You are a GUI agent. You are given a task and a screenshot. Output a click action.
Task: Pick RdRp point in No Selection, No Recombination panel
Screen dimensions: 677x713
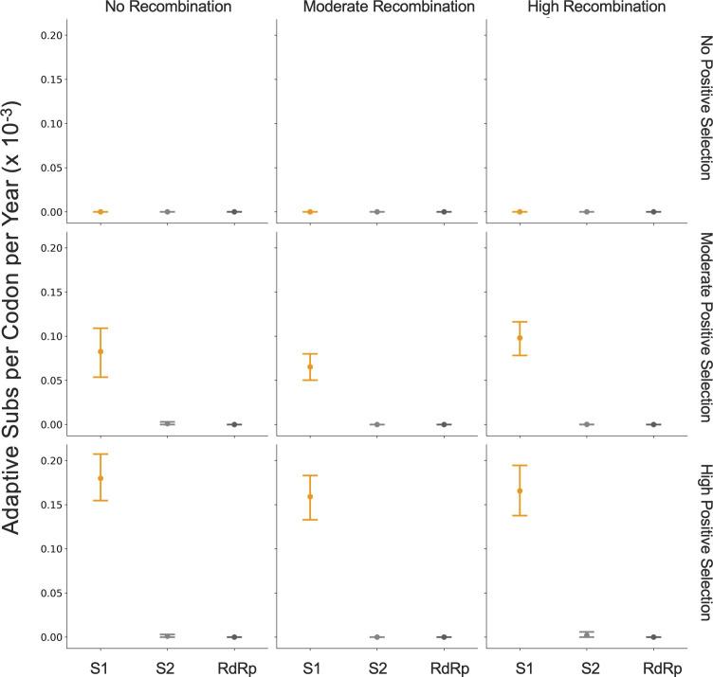click(234, 211)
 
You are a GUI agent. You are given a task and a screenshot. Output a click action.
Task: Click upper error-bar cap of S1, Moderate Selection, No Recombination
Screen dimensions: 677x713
click(101, 302)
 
